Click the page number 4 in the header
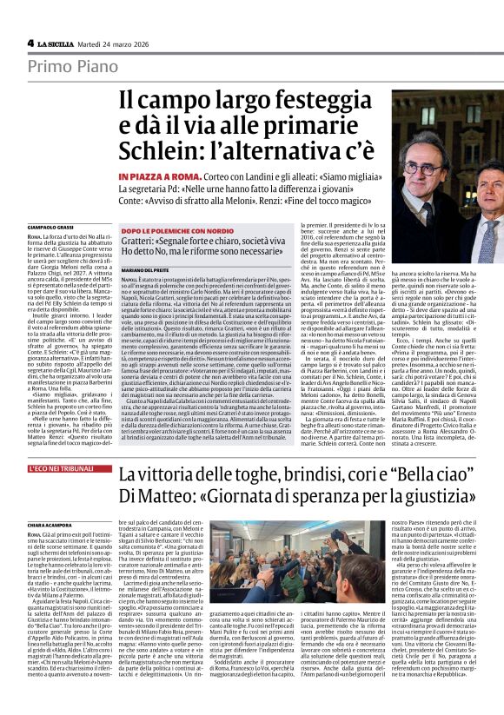[30, 43]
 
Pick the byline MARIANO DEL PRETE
[144, 271]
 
